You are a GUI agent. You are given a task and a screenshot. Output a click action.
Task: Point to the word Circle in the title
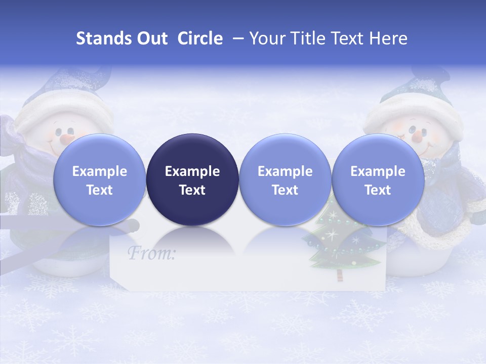tap(200, 38)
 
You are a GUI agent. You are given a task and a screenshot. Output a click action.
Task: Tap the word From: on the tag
tap(151, 253)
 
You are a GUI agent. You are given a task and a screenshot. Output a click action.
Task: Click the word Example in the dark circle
tap(192, 171)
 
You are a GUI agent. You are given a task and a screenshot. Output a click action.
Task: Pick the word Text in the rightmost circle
tap(378, 190)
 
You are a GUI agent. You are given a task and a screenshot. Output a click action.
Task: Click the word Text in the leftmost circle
tap(100, 190)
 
